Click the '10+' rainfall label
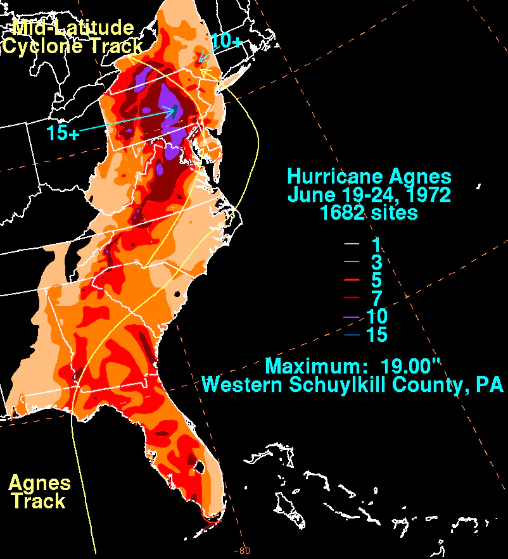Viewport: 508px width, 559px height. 227,41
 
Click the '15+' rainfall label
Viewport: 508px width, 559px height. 62,133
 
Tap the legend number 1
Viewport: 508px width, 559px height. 377,244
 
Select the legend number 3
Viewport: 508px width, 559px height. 377,261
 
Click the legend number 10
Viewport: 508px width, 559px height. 377,316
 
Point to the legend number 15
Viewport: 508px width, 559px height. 377,334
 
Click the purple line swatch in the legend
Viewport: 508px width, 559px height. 352,316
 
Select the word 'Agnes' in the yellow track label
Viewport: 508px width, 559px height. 39,483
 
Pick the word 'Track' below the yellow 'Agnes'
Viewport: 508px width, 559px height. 39,501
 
